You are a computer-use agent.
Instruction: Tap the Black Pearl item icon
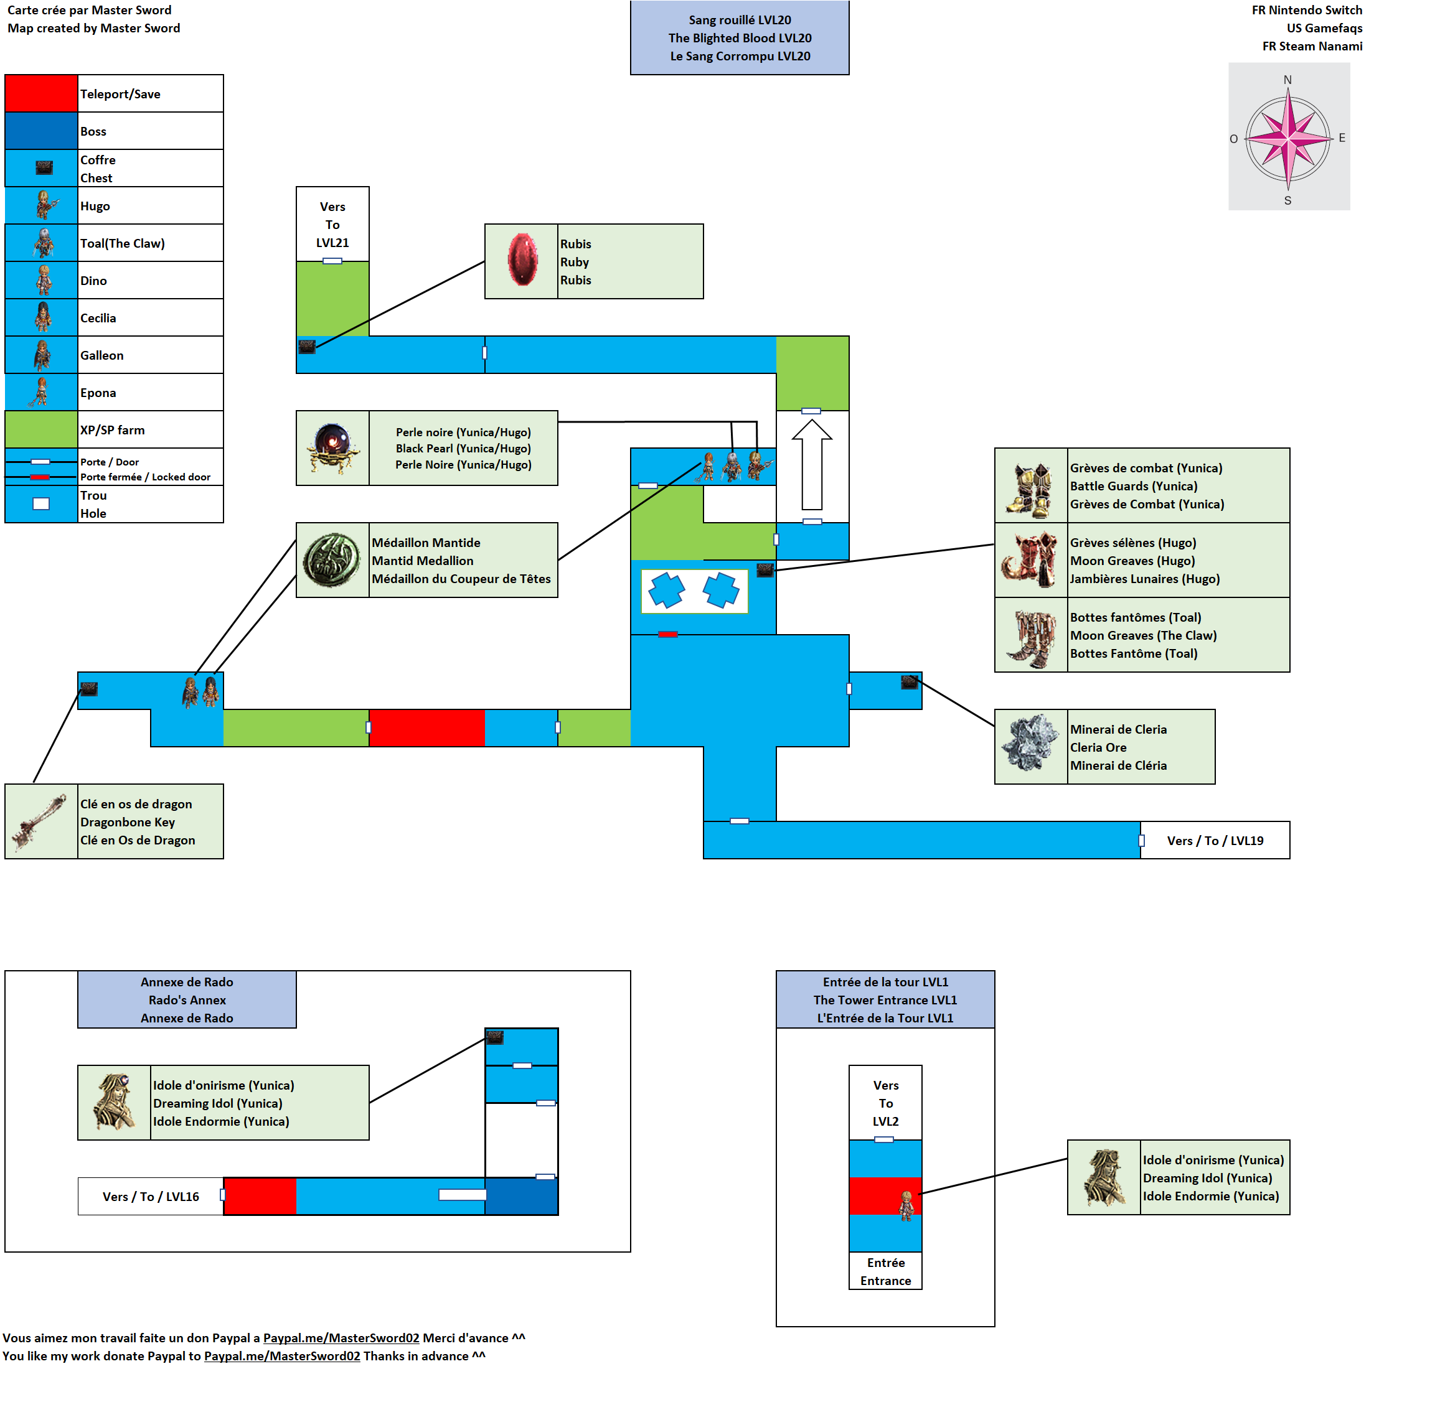coord(333,447)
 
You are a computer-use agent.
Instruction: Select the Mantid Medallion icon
coord(332,559)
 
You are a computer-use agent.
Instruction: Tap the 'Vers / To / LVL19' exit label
coord(1215,840)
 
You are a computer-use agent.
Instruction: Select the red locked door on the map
coord(668,634)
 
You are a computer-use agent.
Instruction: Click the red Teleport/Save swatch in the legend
coord(41,93)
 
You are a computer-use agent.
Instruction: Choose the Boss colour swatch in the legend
coord(41,131)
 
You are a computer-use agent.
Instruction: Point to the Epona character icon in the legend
coord(41,392)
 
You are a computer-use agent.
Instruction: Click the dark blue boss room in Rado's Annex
coord(522,1197)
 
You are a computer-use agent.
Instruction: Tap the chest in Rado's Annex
coord(495,1037)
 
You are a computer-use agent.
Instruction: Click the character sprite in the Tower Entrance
coord(906,1205)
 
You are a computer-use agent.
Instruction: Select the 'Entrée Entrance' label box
coord(885,1271)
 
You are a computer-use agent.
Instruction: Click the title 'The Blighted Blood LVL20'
coord(740,37)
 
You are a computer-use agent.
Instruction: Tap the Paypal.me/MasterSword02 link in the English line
coord(282,1355)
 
